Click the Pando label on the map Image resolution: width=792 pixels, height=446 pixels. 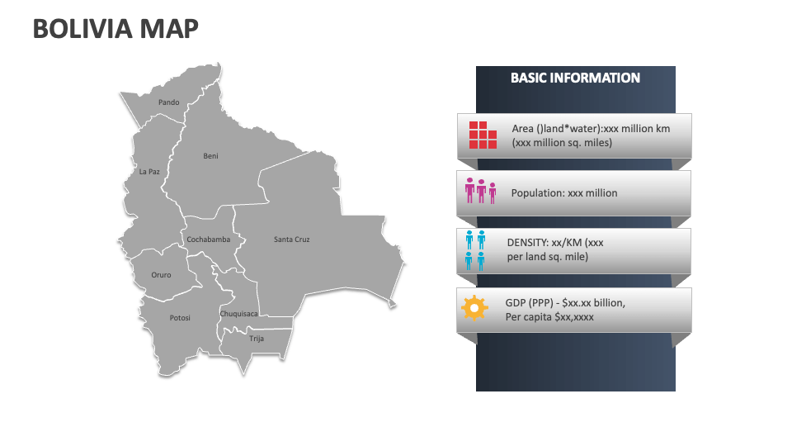pyautogui.click(x=168, y=102)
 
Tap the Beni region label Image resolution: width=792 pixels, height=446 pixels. pyautogui.click(x=211, y=155)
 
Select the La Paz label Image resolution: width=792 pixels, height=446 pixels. pyautogui.click(x=149, y=172)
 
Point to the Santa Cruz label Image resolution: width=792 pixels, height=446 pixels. pyautogui.click(x=292, y=240)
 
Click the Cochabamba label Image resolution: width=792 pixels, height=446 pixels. pyautogui.click(x=208, y=240)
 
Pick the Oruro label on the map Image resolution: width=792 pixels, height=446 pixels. pyautogui.click(x=161, y=275)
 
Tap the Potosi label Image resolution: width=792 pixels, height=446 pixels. pyautogui.click(x=180, y=318)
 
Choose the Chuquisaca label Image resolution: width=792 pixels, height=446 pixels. pyautogui.click(x=238, y=314)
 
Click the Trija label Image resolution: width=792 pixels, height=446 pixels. pyautogui.click(x=257, y=338)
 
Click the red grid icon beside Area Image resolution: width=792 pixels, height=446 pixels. pyautogui.click(x=483, y=135)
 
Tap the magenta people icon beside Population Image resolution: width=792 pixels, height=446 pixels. pyautogui.click(x=480, y=191)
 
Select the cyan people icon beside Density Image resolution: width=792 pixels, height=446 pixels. pyautogui.click(x=474, y=250)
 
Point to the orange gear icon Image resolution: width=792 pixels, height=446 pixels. pyautogui.click(x=474, y=308)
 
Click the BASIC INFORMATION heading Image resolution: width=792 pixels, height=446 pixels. pyautogui.click(x=575, y=78)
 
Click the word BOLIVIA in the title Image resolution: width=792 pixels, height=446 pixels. pyautogui.click(x=78, y=29)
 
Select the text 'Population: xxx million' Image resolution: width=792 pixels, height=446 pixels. pyautogui.click(x=564, y=193)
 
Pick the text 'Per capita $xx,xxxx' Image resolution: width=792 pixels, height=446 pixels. pyautogui.click(x=549, y=317)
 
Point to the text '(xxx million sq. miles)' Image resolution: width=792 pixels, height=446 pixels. pyautogui.click(x=562, y=142)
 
